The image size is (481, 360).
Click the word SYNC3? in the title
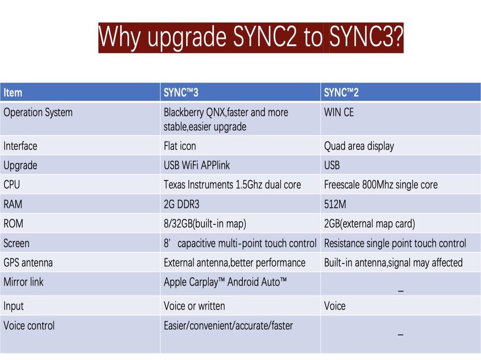[x=366, y=37]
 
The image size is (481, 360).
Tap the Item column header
[x=13, y=93]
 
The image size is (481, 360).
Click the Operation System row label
[x=38, y=113]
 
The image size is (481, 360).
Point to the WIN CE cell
[x=339, y=113]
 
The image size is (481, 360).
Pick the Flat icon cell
[x=180, y=146]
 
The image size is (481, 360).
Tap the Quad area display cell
[x=359, y=146]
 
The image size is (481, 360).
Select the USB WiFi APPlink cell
[x=197, y=166]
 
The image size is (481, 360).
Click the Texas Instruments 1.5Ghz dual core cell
[x=232, y=185]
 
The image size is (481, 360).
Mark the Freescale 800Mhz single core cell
[x=381, y=185]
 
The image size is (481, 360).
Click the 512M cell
[x=335, y=204]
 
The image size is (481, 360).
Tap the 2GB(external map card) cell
[x=369, y=223]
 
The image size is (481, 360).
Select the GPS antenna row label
[x=28, y=263]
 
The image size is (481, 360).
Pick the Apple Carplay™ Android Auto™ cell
[x=225, y=282]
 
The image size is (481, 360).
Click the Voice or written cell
[x=194, y=306]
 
